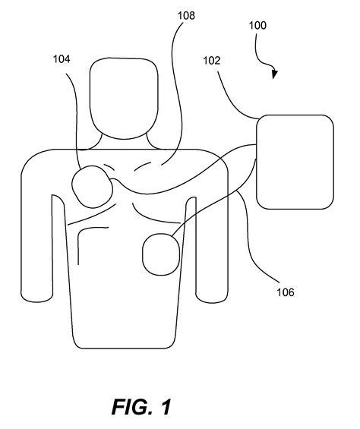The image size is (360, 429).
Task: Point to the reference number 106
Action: pos(283,291)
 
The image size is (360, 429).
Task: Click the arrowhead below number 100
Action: pos(274,74)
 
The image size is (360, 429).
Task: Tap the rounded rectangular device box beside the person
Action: pos(295,161)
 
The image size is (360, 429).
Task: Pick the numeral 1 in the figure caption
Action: pos(165,407)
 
